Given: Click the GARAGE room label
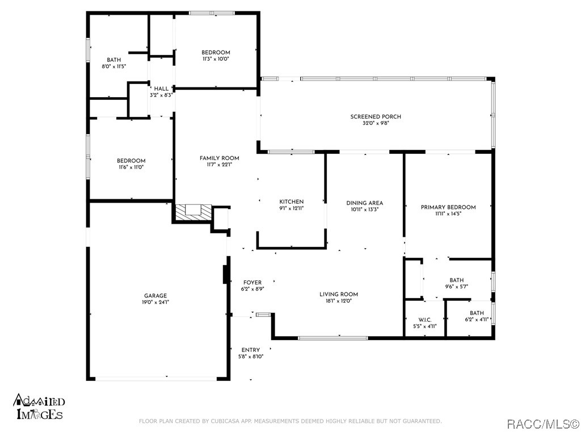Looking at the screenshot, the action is (x=155, y=296).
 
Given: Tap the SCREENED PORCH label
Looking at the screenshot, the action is (x=376, y=117).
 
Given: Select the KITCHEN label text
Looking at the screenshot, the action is (x=292, y=202).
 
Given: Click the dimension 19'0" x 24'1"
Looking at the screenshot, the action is (x=155, y=302).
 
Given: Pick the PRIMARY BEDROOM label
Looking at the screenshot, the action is (x=448, y=207).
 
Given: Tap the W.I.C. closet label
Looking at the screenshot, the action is (x=425, y=320).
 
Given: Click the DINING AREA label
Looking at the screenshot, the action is (x=365, y=203).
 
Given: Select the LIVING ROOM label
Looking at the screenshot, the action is (x=339, y=295).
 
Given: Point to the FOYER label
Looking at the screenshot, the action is (x=252, y=283).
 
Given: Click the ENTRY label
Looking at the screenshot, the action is (x=251, y=350).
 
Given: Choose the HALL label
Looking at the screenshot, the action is (x=161, y=89).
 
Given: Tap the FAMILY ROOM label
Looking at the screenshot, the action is (x=220, y=158).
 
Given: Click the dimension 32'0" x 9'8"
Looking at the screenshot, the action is (x=376, y=123).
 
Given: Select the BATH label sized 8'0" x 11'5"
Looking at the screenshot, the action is (x=113, y=60).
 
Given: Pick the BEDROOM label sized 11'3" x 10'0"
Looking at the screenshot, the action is (x=216, y=53).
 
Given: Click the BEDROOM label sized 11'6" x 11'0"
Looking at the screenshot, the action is (x=131, y=161).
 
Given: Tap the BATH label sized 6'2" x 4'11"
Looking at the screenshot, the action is (x=477, y=313).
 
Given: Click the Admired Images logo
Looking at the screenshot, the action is (x=39, y=407).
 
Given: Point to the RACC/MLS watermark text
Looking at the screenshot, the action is (x=542, y=424).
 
